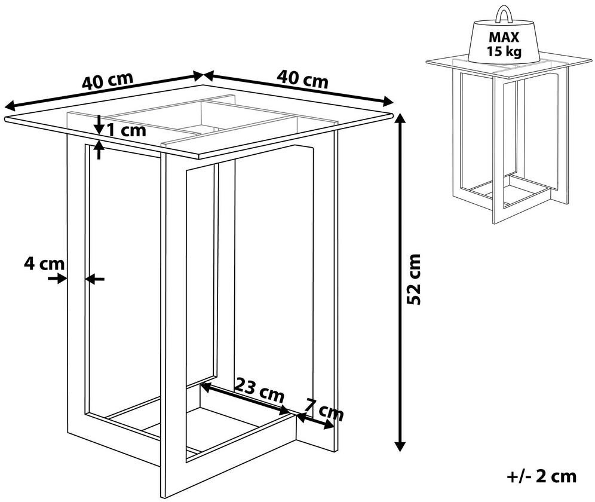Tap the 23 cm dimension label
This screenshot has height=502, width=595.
pyautogui.click(x=259, y=390)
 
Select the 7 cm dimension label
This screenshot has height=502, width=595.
pyautogui.click(x=324, y=409)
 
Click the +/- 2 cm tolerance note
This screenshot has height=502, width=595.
pyautogui.click(x=541, y=476)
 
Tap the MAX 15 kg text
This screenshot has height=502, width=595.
pyautogui.click(x=504, y=44)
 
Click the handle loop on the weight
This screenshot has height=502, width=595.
pyautogui.click(x=504, y=14)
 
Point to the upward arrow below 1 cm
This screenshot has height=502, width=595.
pyautogui.click(x=99, y=149)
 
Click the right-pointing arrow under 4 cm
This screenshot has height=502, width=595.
pyautogui.click(x=57, y=278)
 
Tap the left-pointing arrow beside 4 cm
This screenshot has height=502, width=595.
pyautogui.click(x=94, y=279)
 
